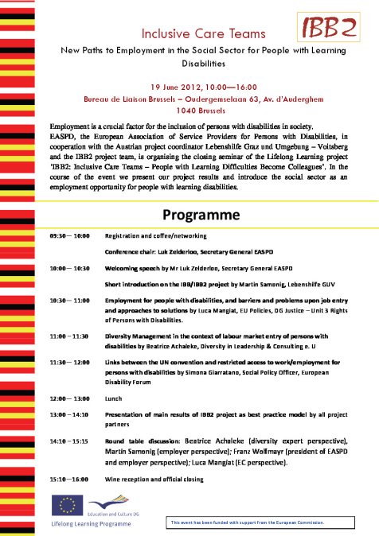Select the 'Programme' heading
pos(201,215)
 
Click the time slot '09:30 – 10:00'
pos(70,236)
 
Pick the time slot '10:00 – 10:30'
pos(70,269)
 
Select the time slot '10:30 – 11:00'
pos(70,300)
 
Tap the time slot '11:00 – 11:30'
pos(70,336)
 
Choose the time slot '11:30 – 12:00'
pos(70,363)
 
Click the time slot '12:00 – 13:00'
pos(70,398)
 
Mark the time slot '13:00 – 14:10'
pos(70,414)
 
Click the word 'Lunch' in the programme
pos(115,398)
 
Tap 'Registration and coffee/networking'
pos(156,236)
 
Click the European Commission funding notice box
pos(268,522)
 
